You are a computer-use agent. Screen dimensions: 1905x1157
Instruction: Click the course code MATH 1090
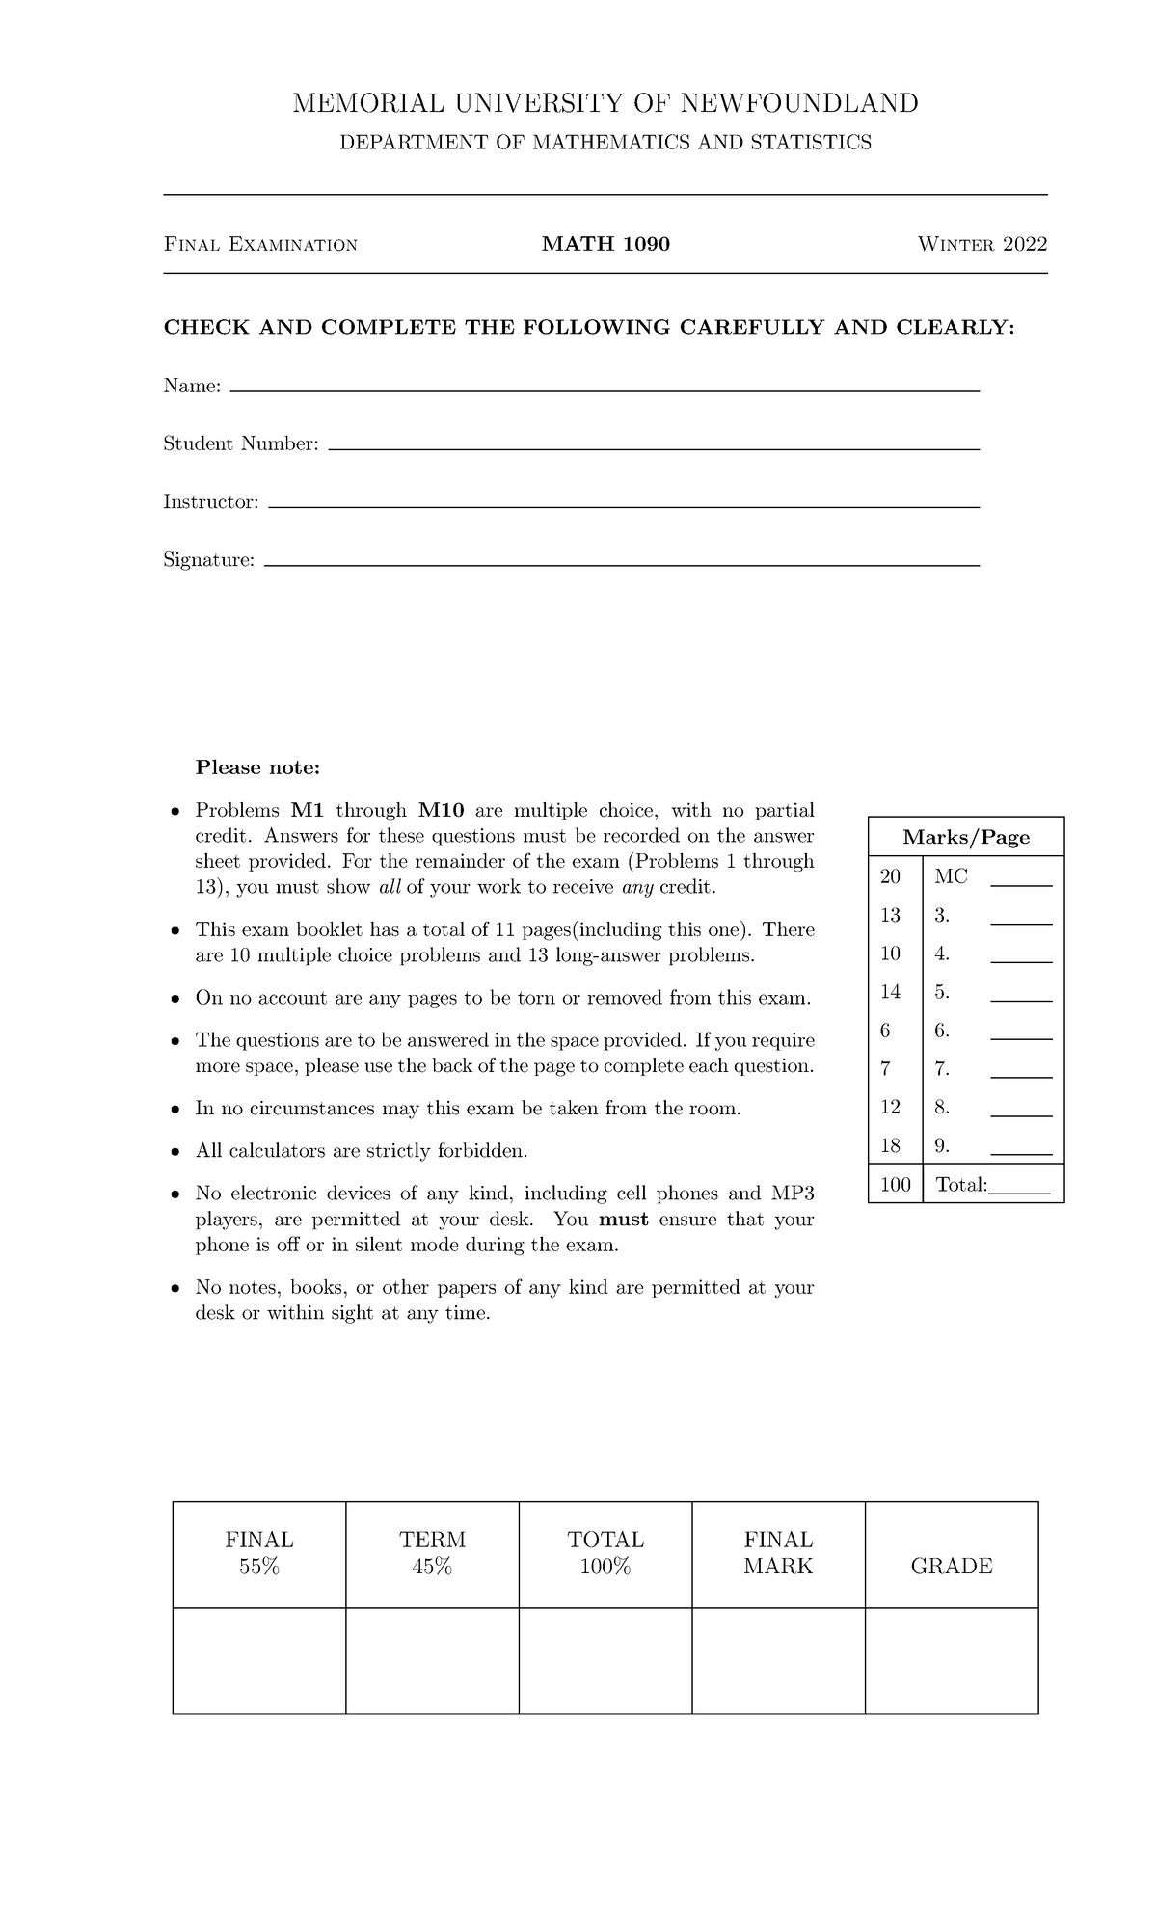[x=605, y=244]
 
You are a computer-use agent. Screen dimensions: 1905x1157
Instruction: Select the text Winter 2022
[x=982, y=244]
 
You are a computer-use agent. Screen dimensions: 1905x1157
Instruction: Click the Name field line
[x=605, y=389]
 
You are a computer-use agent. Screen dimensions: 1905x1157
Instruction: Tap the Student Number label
[x=241, y=444]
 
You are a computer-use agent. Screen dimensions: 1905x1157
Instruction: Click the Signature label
[x=209, y=560]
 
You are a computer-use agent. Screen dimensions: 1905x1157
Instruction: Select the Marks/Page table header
[x=966, y=837]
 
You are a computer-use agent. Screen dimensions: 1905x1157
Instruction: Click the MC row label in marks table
[x=951, y=876]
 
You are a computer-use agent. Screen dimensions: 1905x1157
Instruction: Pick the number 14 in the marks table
[x=890, y=991]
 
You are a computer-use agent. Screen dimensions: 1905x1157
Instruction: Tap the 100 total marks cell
[x=896, y=1184]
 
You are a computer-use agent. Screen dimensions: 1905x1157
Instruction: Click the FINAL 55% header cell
[x=259, y=1553]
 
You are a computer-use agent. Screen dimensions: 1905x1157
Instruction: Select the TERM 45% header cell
[x=432, y=1553]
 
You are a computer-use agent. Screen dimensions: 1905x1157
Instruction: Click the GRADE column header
[x=952, y=1566]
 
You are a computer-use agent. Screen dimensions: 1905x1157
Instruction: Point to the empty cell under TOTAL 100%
[x=605, y=1660]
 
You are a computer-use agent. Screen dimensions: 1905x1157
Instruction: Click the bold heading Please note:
[x=257, y=767]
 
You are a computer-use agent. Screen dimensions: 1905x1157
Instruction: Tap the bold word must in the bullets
[x=624, y=1219]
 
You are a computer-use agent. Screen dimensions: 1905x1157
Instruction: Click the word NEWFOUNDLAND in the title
[x=799, y=103]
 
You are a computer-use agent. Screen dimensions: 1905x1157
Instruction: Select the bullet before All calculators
[x=175, y=1152]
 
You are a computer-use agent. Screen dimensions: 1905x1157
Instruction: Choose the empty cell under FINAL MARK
[x=778, y=1660]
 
